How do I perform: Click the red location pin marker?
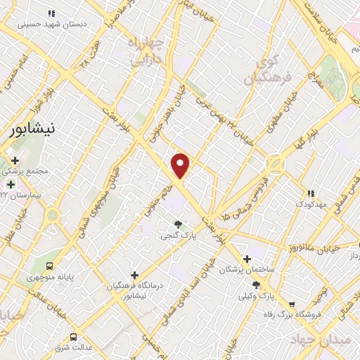pos(181,166)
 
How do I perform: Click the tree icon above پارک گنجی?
pos(177,224)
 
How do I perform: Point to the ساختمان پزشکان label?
pos(247,269)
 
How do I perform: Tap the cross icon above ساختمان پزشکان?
pos(247,258)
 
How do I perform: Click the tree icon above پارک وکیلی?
pos(256,285)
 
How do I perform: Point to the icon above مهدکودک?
pos(311,193)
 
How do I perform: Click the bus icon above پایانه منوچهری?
pos(49,266)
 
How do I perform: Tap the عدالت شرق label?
pos(73,348)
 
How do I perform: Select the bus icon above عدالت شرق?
pos(73,337)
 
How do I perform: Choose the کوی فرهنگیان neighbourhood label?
pos(262,71)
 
